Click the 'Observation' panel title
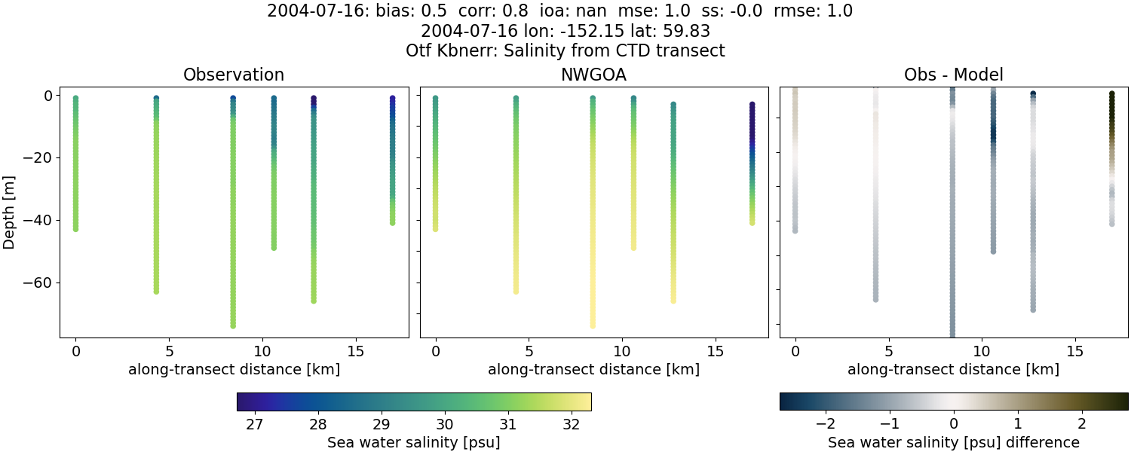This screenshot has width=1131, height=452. [234, 75]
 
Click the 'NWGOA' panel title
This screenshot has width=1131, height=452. [593, 75]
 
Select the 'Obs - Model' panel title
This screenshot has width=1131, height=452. [953, 75]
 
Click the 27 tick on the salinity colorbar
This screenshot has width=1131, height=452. [254, 424]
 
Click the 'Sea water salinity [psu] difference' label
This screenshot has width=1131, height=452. [953, 442]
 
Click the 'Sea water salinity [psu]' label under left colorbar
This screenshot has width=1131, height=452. [413, 442]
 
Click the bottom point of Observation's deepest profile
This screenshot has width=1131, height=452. [233, 325]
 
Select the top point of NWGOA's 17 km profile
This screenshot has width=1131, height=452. [752, 105]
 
